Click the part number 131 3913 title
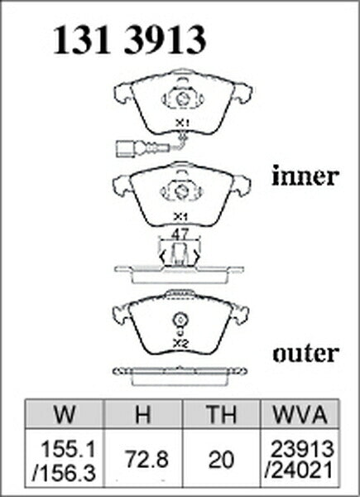click(129, 41)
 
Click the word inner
click(305, 176)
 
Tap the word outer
click(306, 354)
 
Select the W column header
click(65, 414)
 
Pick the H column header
click(143, 414)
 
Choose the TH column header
click(221, 414)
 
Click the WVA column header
click(300, 414)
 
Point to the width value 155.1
click(69, 450)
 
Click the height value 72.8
click(146, 460)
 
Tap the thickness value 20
click(221, 460)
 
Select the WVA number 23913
click(303, 449)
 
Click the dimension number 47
click(180, 234)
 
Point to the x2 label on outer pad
click(180, 344)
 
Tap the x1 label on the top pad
click(182, 123)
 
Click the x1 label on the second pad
click(180, 217)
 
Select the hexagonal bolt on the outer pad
click(180, 320)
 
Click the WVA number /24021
click(300, 469)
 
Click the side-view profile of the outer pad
click(180, 376)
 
